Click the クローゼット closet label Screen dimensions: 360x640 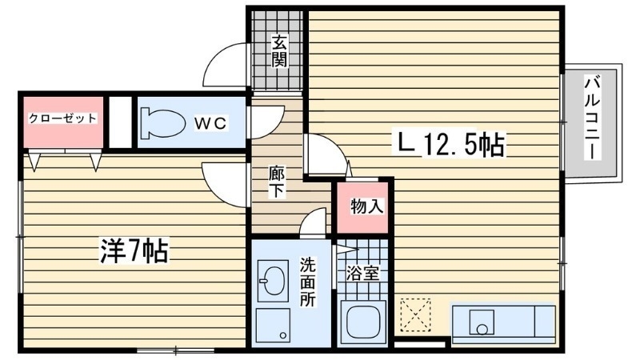pyautogui.click(x=62, y=118)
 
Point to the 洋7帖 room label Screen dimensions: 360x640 pyautogui.click(x=133, y=252)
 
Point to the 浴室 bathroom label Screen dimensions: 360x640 pyautogui.click(x=362, y=273)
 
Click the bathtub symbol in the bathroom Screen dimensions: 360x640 pyautogui.click(x=364, y=322)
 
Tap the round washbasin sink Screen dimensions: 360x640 pyautogui.click(x=269, y=282)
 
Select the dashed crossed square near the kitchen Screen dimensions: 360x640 pyautogui.click(x=415, y=314)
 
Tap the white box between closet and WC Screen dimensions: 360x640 pyautogui.click(x=119, y=122)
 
